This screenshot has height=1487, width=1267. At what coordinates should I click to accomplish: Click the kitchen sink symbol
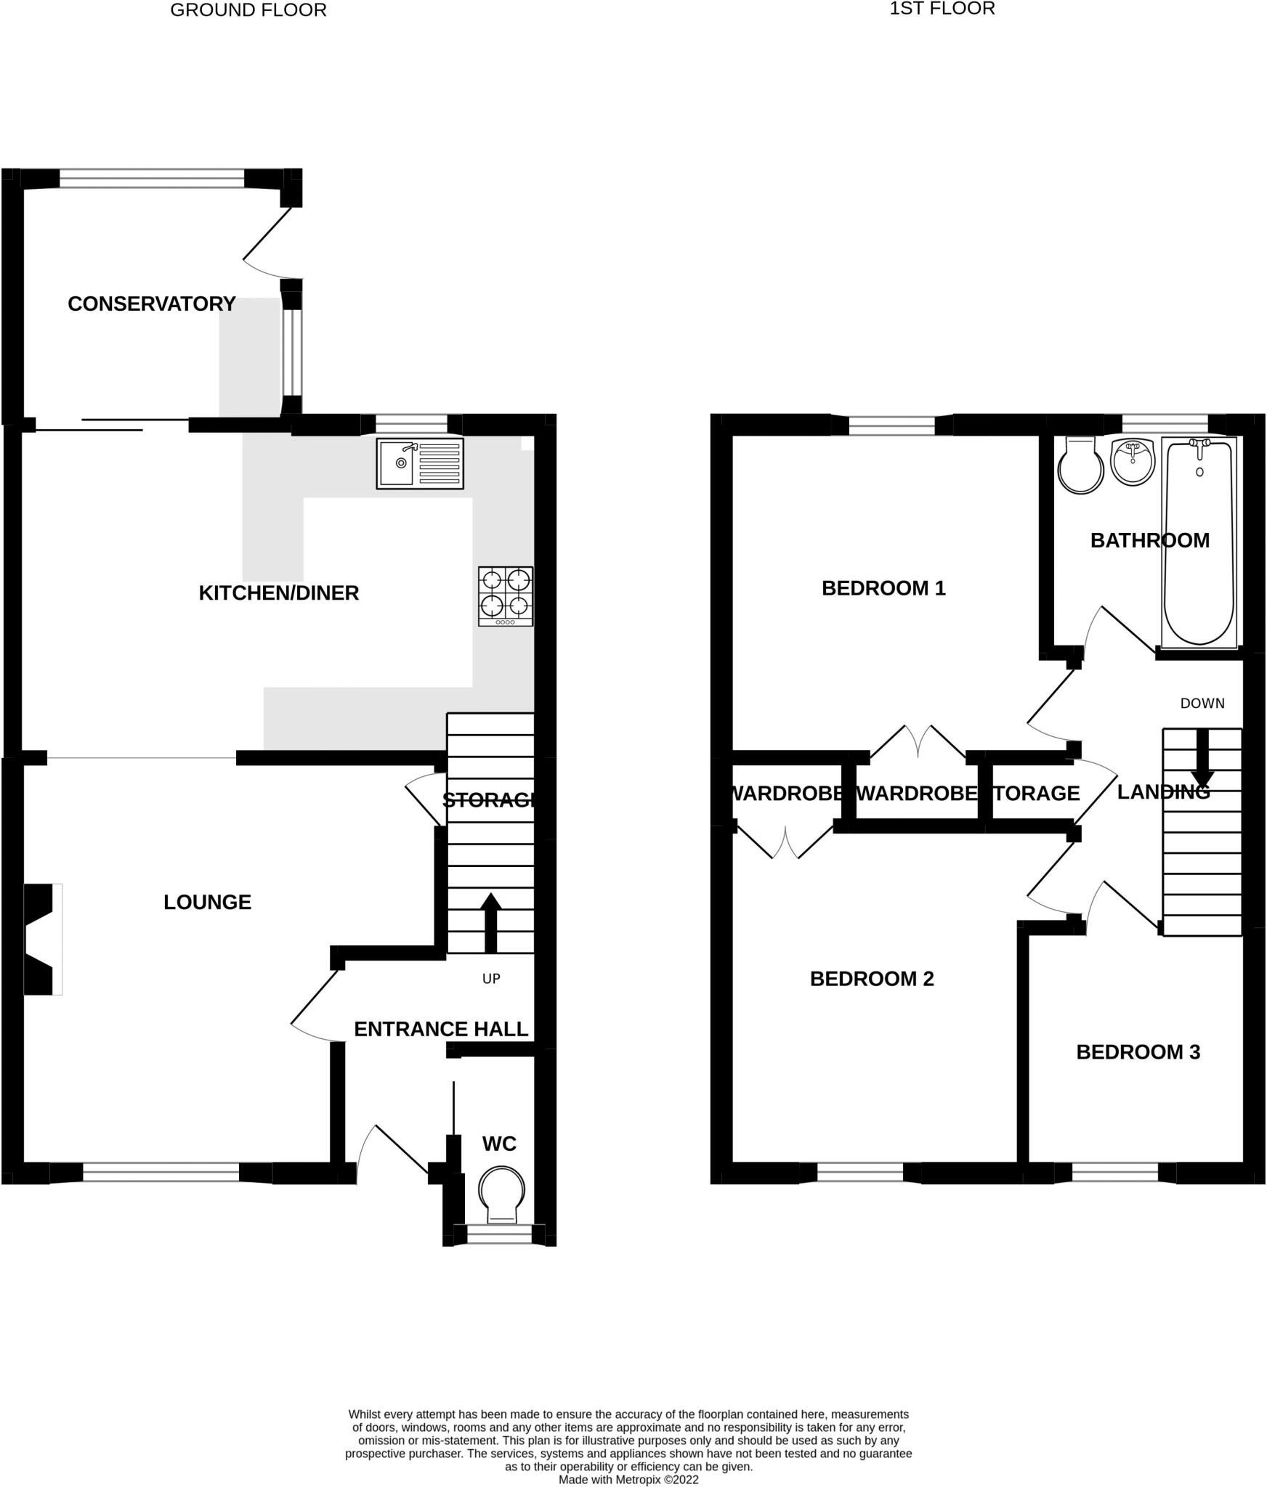pyautogui.click(x=419, y=463)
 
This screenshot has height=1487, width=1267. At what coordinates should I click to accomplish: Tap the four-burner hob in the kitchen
pyautogui.click(x=505, y=596)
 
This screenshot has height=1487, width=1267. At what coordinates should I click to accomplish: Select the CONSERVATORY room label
pyautogui.click(x=151, y=303)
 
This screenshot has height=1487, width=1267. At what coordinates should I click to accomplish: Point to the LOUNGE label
pyautogui.click(x=207, y=902)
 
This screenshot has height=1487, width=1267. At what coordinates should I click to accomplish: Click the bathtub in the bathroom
pyautogui.click(x=1199, y=542)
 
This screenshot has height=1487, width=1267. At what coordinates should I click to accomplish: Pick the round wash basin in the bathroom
pyautogui.click(x=1133, y=462)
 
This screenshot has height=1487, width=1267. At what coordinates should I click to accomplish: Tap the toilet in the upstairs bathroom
pyautogui.click(x=1081, y=465)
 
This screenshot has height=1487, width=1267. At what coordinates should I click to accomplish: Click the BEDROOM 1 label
pyautogui.click(x=883, y=588)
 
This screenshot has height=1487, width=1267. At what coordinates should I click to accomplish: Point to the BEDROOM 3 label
pyautogui.click(x=1138, y=1052)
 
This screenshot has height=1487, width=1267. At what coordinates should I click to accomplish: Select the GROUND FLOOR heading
pyautogui.click(x=248, y=10)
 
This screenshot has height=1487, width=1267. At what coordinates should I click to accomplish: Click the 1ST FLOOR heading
pyautogui.click(x=942, y=9)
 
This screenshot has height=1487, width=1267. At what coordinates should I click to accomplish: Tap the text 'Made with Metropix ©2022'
pyautogui.click(x=628, y=1479)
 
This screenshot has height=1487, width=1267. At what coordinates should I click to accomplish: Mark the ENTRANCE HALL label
pyautogui.click(x=441, y=1029)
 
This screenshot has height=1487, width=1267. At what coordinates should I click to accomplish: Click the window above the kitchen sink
pyautogui.click(x=412, y=425)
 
